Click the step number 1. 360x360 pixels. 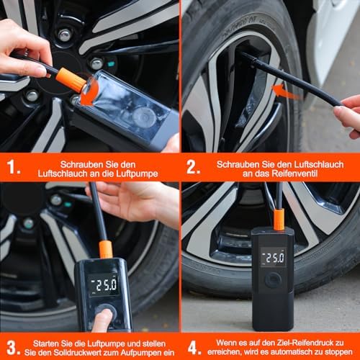(x=12, y=167)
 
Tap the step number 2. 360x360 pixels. (x=193, y=167)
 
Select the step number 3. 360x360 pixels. (x=13, y=348)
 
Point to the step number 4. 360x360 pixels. (x=194, y=348)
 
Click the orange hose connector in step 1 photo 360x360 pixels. (x=71, y=80)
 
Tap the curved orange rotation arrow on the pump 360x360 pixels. (x=90, y=93)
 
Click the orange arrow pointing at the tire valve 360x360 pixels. (x=286, y=92)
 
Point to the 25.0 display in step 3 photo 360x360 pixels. (x=104, y=285)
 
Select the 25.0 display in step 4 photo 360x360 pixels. (x=274, y=258)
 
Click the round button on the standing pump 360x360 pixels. (x=273, y=280)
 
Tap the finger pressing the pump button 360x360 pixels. (x=103, y=320)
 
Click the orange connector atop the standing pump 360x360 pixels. (x=279, y=220)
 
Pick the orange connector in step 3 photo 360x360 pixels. (x=106, y=250)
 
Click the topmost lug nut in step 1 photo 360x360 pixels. (x=65, y=35)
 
